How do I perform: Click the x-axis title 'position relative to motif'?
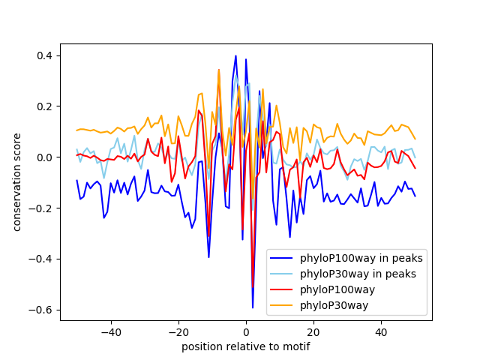(245, 346)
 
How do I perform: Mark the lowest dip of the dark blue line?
(253, 307)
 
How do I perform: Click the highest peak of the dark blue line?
(235, 55)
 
